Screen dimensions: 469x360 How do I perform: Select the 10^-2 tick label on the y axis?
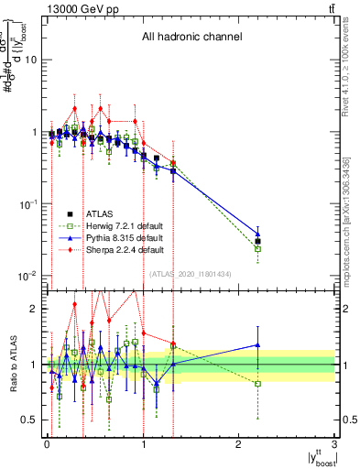[27, 276]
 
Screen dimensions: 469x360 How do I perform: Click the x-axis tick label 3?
[335, 445]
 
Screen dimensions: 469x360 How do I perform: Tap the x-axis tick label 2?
[239, 445]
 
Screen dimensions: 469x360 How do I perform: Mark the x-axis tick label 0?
[47, 445]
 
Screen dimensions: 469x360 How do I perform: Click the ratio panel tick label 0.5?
[29, 420]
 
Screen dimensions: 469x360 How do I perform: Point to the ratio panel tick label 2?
[34, 309]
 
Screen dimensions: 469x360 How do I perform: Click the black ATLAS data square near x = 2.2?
[258, 242]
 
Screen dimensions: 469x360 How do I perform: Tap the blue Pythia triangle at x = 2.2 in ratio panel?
[258, 345]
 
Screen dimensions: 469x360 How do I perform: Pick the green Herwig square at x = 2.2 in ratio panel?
[258, 384]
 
